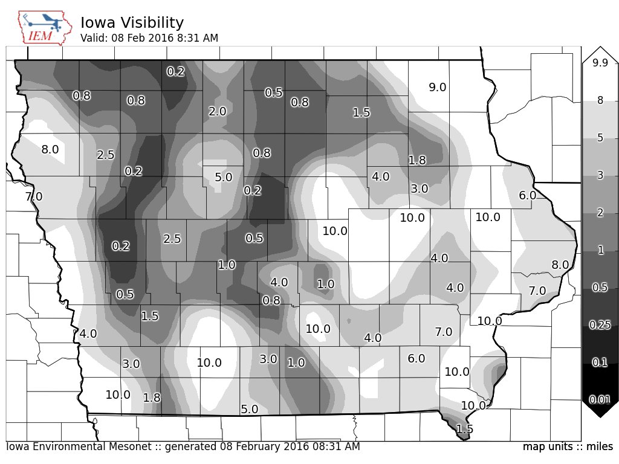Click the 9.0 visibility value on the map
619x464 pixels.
(437, 88)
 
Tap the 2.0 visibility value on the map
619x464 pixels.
(217, 112)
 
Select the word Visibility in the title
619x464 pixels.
(151, 23)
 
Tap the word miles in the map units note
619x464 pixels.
(601, 447)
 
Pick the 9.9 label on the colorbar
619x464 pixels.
(600, 63)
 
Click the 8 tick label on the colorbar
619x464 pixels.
(600, 101)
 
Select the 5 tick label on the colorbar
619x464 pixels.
(600, 138)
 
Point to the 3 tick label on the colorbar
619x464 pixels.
(600, 176)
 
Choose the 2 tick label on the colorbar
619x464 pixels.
(600, 213)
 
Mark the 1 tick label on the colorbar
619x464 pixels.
(600, 251)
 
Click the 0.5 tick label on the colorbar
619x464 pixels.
(600, 288)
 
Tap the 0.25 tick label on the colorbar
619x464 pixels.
(600, 325)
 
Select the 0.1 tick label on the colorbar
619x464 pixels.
(600, 362)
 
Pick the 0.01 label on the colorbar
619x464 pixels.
(600, 399)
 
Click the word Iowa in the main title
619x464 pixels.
(97, 23)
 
